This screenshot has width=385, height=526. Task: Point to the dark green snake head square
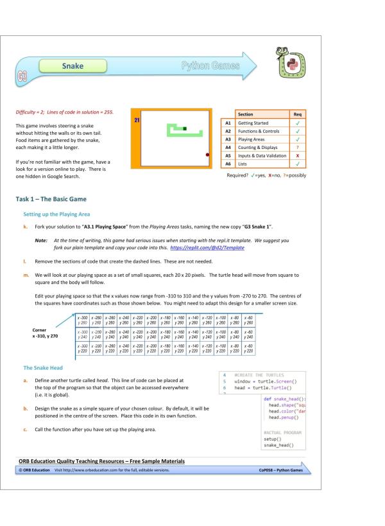tap(185, 129)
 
